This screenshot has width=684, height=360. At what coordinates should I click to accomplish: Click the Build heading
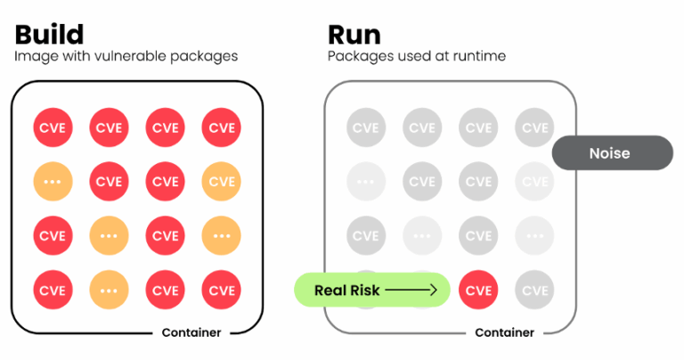49,34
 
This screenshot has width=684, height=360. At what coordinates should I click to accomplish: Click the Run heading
354,34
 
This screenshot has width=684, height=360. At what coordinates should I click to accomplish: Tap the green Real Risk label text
347,290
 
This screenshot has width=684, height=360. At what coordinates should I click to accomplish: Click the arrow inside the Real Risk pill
412,290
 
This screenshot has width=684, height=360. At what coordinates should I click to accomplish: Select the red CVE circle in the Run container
478,290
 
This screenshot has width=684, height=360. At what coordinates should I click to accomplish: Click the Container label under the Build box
191,332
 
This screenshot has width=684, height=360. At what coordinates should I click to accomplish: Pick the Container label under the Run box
504,332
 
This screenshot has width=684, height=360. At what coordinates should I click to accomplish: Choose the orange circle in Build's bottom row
109,290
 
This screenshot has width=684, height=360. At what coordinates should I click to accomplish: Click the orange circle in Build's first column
53,181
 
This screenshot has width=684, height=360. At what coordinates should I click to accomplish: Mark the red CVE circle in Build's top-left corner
53,127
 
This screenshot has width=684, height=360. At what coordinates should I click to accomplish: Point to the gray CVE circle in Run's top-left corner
365,127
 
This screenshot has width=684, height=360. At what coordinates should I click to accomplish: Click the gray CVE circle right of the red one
534,290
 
